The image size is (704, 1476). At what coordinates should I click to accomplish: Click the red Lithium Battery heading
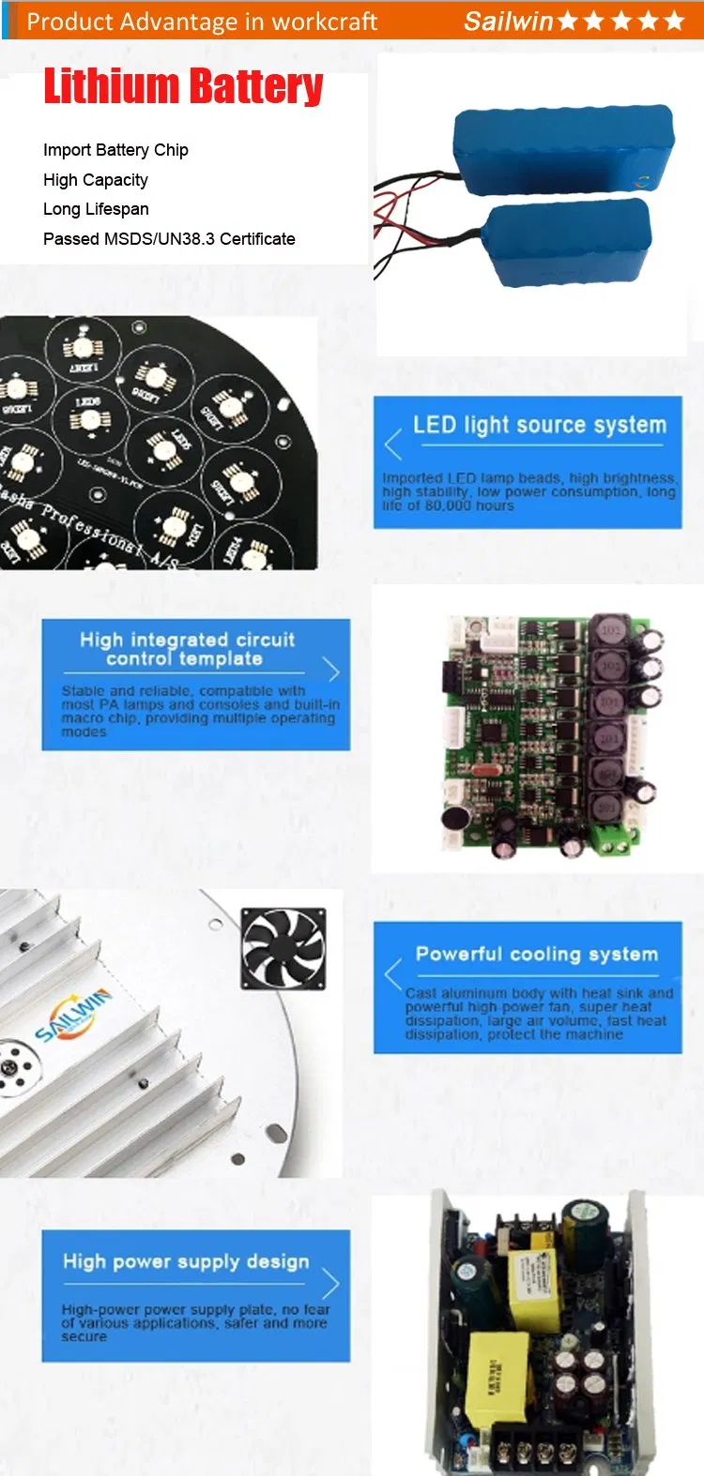pyautogui.click(x=183, y=86)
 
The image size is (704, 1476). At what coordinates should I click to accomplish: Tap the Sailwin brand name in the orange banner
pyautogui.click(x=508, y=21)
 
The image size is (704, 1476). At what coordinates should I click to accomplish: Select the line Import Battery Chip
pyautogui.click(x=115, y=150)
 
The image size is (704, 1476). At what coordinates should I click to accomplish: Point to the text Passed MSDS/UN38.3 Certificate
pyautogui.click(x=169, y=239)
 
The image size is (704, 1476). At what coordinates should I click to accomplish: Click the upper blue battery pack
pyautogui.click(x=563, y=150)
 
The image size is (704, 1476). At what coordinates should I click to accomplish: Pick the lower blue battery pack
pyautogui.click(x=568, y=242)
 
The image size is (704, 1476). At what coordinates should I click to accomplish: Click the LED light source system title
pyautogui.click(x=540, y=425)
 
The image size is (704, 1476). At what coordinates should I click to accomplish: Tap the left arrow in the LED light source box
pyautogui.click(x=393, y=444)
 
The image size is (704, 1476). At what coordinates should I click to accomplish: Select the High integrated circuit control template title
pyautogui.click(x=187, y=649)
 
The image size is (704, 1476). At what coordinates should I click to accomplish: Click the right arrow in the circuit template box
pyautogui.click(x=330, y=670)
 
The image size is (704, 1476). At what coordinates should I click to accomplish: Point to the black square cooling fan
pyautogui.click(x=283, y=948)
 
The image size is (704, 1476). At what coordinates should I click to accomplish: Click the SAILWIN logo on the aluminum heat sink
pyautogui.click(x=73, y=1015)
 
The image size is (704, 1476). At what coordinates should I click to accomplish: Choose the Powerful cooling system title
pyautogui.click(x=537, y=954)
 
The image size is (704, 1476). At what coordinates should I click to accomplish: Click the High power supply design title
pyautogui.click(x=186, y=1261)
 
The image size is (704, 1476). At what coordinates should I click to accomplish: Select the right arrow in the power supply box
pyautogui.click(x=330, y=1283)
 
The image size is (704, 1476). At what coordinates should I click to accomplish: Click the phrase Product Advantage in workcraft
pyautogui.click(x=202, y=21)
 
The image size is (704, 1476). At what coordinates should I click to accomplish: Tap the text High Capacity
pyautogui.click(x=96, y=180)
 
